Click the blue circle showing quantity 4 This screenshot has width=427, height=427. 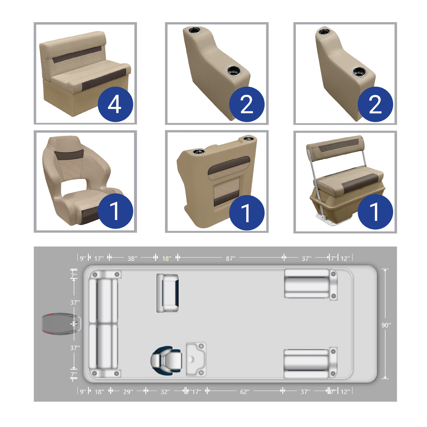click(115, 104)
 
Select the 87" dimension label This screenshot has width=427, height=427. click(230, 259)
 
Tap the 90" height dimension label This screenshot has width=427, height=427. click(386, 325)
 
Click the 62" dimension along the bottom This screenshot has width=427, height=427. click(245, 391)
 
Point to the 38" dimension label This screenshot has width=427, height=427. click(132, 259)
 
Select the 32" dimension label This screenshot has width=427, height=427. click(165, 391)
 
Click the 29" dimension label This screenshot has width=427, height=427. click(128, 391)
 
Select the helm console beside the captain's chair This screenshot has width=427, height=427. click(196, 359)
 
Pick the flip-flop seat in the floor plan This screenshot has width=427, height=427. click(167, 293)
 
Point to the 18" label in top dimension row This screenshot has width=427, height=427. click(166, 259)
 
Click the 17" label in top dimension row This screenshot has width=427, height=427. click(99, 259)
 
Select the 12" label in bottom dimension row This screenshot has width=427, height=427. click(345, 391)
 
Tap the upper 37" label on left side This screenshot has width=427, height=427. click(75, 302)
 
